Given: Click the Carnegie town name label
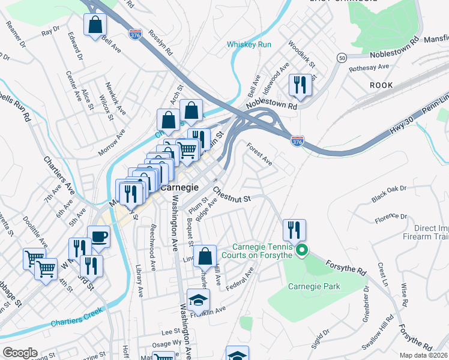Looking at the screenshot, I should (x=180, y=187).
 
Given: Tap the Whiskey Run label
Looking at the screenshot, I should (x=249, y=44).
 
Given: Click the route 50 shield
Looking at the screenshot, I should (x=342, y=58).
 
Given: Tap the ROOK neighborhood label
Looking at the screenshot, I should (x=381, y=85).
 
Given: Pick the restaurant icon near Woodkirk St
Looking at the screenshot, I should (x=300, y=85).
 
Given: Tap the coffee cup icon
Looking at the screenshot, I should (x=98, y=236).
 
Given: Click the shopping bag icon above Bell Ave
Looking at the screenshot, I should (x=95, y=25).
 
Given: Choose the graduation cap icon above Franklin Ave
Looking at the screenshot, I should (x=198, y=299).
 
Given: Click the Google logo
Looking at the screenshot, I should (x=19, y=353).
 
